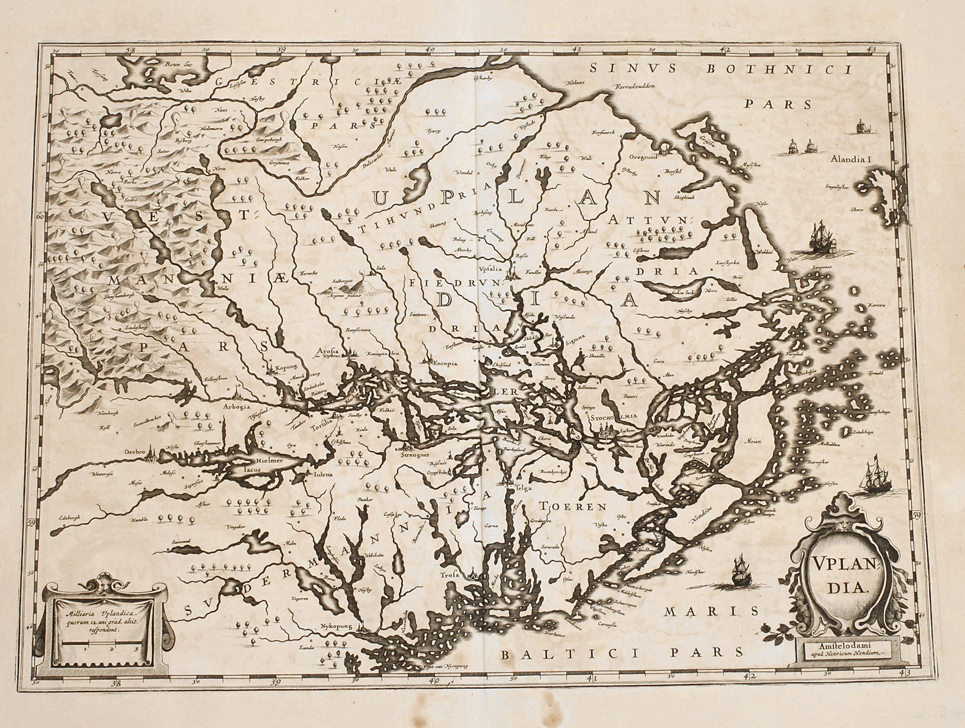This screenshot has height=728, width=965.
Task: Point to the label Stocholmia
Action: [x=613, y=417]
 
